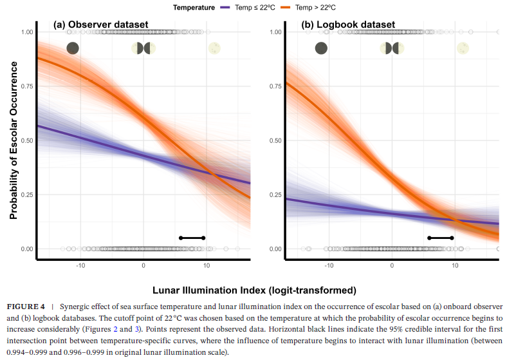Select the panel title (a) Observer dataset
(100, 25)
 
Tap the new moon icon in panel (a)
(73, 48)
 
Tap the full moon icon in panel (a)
(214, 48)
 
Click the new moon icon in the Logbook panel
(321, 48)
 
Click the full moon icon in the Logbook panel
(463, 48)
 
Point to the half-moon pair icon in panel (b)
(392, 48)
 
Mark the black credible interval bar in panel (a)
(192, 238)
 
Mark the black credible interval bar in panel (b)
(440, 238)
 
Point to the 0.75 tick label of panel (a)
(26, 86)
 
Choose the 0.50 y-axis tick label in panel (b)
(275, 140)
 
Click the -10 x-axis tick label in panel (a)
(80, 265)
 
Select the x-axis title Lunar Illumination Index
(253, 290)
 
